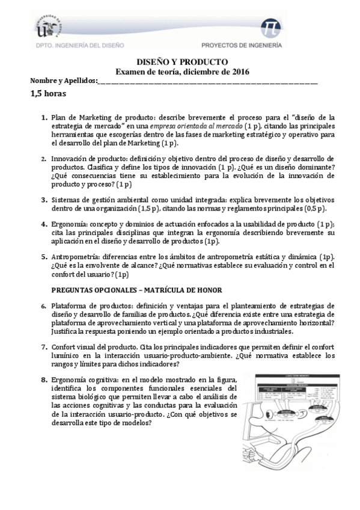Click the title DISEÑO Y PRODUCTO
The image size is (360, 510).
(x=180, y=62)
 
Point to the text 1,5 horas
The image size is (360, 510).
(x=48, y=94)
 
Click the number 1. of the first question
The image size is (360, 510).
(x=44, y=117)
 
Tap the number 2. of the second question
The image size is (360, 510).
(x=44, y=159)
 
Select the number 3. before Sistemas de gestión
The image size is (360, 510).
(x=44, y=200)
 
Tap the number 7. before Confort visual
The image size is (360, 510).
(x=44, y=348)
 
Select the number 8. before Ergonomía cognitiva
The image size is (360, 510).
(x=44, y=380)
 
